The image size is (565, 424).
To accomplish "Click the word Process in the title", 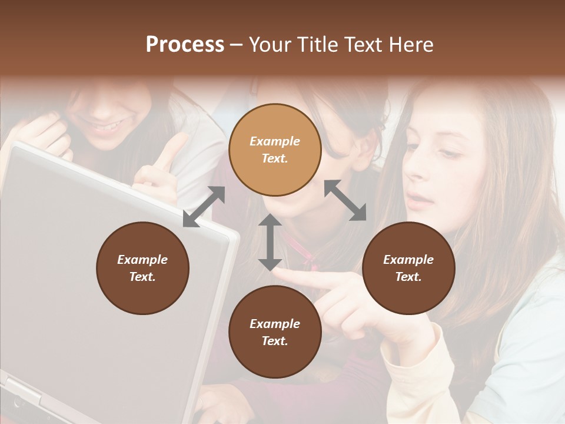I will point(185,45).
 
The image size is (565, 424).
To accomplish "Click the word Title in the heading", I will point(317,45).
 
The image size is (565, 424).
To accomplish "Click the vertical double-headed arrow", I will point(270,242).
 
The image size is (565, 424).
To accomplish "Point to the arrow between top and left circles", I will point(204,207).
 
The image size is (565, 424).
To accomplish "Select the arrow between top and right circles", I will point(345,200).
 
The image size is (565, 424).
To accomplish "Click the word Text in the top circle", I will point(274,158).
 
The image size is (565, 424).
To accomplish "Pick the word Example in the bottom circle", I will point(275,324).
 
